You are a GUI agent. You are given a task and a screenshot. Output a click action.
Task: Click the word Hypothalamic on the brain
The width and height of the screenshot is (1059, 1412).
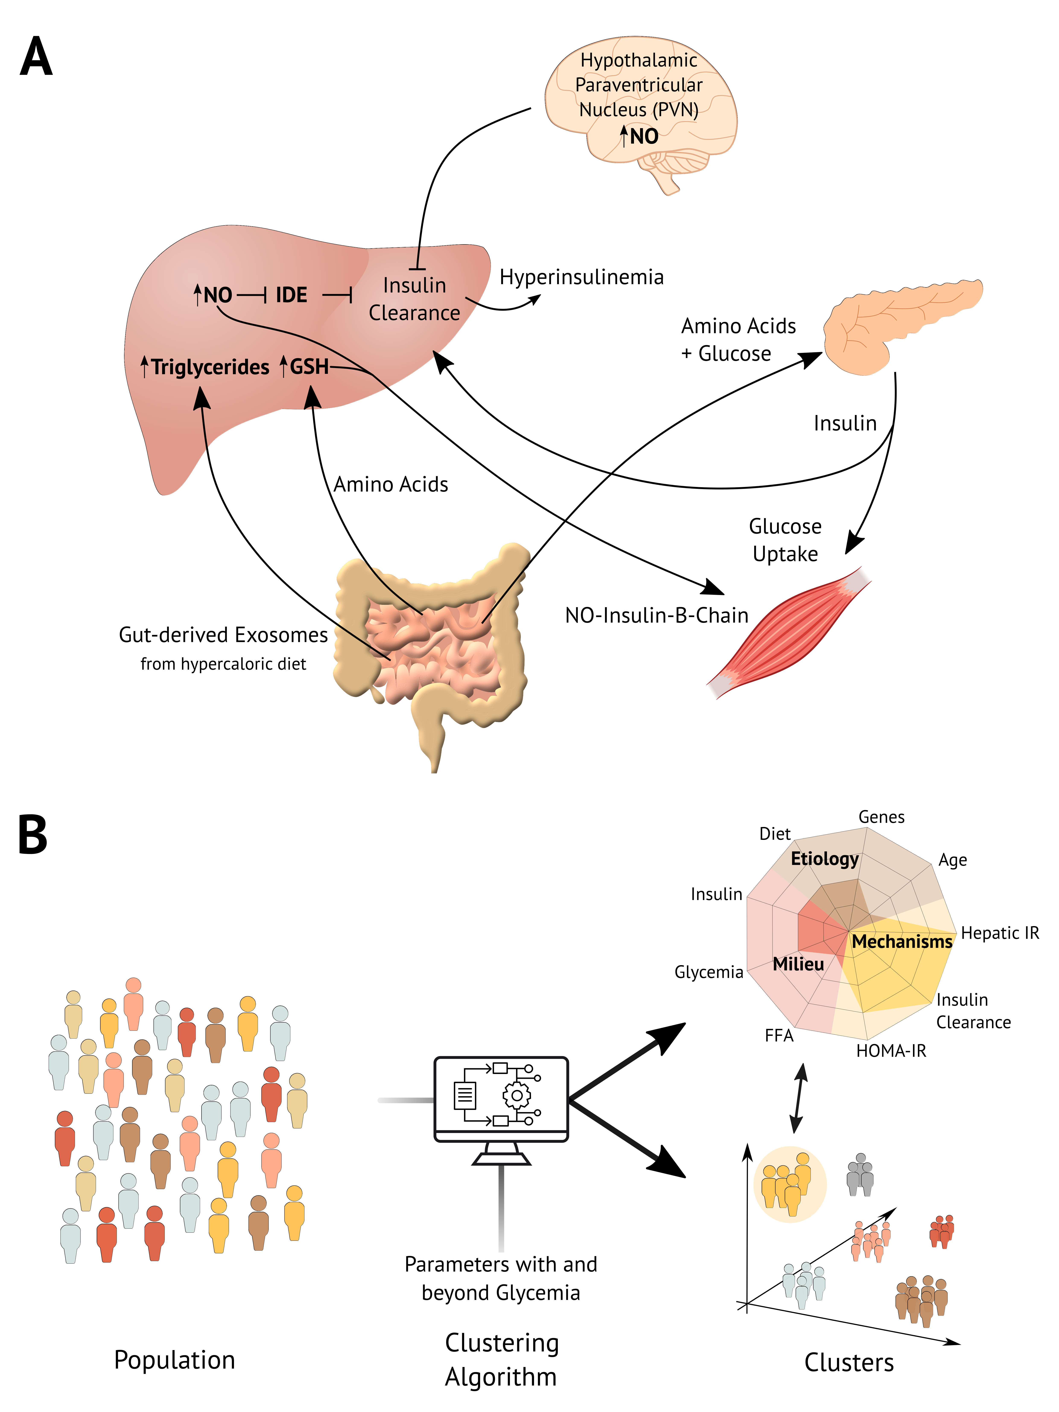click(x=638, y=61)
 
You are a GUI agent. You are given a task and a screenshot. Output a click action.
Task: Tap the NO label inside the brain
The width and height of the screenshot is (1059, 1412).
click(x=643, y=136)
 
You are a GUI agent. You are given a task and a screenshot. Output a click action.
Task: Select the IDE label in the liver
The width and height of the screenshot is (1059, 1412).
click(x=291, y=295)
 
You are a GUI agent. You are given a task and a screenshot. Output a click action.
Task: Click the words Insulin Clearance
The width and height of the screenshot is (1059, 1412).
click(x=414, y=299)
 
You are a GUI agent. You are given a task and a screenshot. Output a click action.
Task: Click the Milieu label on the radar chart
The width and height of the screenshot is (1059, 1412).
click(x=798, y=964)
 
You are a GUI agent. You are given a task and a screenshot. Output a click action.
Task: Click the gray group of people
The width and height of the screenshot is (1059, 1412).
click(x=860, y=1175)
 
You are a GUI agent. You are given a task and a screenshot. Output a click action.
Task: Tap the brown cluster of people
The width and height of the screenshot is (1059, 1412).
click(x=921, y=1299)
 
